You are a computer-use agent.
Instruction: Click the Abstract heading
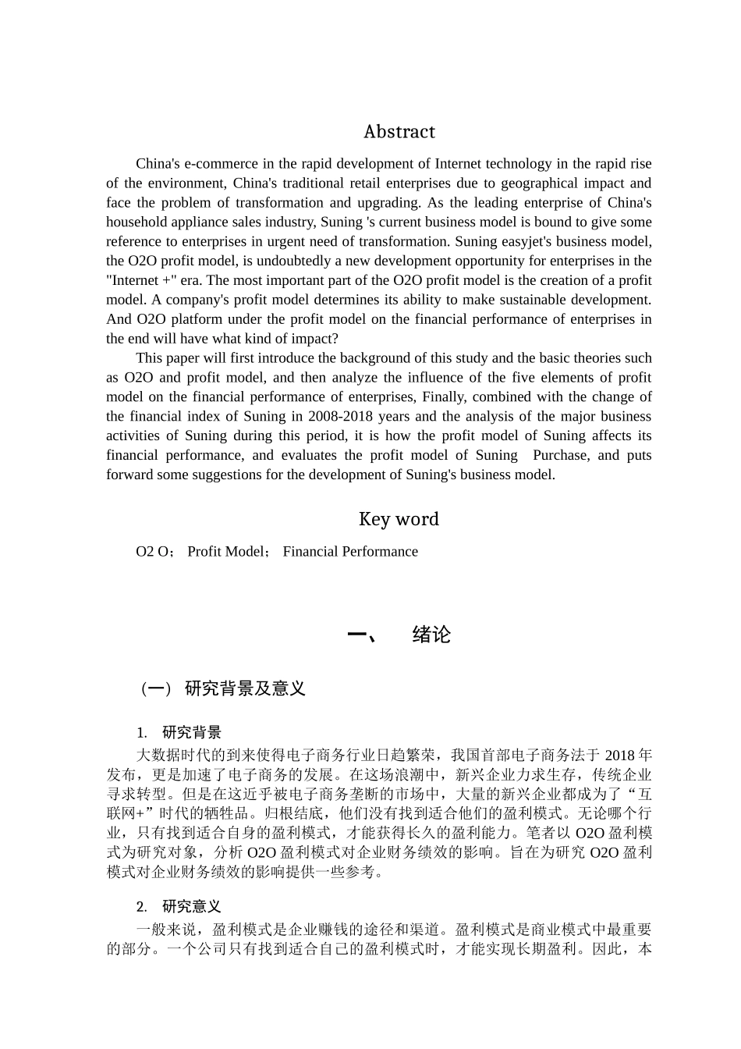click(399, 132)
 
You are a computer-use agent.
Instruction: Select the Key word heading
click(399, 519)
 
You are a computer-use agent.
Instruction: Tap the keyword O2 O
click(154, 552)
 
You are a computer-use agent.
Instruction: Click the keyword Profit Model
click(226, 552)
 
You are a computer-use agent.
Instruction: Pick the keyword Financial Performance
click(350, 552)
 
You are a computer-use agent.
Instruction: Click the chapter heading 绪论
click(431, 635)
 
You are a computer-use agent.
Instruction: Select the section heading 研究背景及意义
click(244, 688)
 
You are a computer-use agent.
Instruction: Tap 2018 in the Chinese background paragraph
click(620, 756)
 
